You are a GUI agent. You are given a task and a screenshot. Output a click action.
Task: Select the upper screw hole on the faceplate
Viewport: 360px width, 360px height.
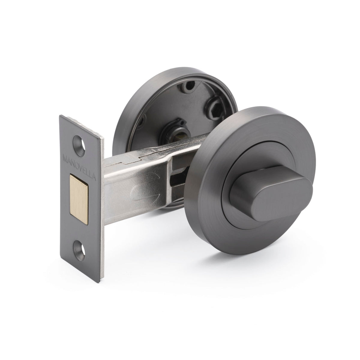(79, 140)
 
